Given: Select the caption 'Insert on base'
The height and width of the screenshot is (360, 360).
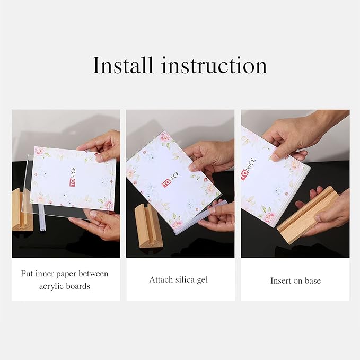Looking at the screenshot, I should [x=295, y=280].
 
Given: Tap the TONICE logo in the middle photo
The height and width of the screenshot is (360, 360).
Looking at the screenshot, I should [x=171, y=180].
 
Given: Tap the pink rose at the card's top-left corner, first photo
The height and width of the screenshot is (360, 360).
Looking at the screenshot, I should [x=40, y=151].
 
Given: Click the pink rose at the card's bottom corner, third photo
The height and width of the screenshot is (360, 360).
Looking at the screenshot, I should [x=269, y=216].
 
